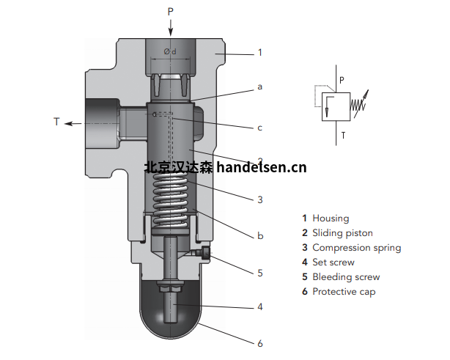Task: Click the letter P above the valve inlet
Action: click(x=171, y=10)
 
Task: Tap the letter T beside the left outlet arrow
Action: click(x=56, y=122)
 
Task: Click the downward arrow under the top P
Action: click(x=171, y=26)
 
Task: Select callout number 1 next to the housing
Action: click(x=259, y=53)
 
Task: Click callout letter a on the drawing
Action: click(x=259, y=87)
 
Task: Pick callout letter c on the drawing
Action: click(x=259, y=128)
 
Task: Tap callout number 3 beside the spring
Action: click(x=259, y=199)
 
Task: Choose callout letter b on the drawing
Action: click(x=259, y=235)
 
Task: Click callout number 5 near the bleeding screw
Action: click(x=259, y=273)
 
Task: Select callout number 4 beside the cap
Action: click(x=259, y=307)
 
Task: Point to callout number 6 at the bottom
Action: click(x=259, y=342)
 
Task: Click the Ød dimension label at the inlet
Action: click(x=170, y=51)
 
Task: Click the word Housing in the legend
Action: click(x=331, y=218)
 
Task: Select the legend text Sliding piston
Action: click(x=342, y=233)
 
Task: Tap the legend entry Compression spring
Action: click(x=356, y=248)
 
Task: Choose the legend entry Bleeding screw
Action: click(x=346, y=277)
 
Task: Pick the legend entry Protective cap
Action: click(x=345, y=292)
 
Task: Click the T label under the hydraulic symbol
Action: click(x=342, y=135)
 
